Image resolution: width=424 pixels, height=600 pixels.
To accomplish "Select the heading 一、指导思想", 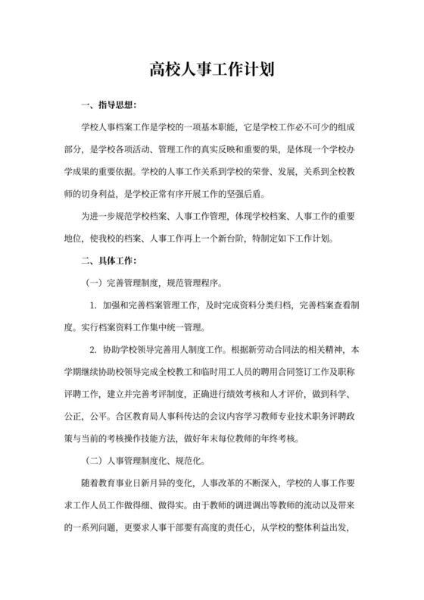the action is click(x=109, y=104).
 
